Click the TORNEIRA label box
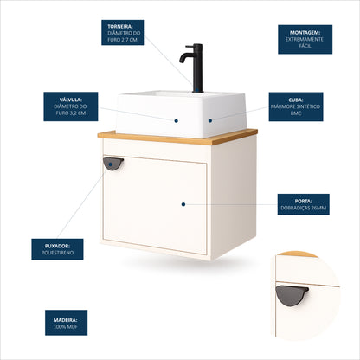tap(122, 32)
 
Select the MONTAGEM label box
tap(305, 39)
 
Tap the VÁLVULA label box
tap(71, 106)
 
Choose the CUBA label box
tap(296, 106)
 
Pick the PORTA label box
tap(303, 204)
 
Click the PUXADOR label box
tap(57, 249)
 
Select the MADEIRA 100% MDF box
tap(66, 323)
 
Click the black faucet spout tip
tap(182, 61)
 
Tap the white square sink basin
tap(181, 114)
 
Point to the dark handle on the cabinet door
tap(113, 164)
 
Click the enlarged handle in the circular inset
tap(292, 295)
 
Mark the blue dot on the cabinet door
tap(183, 204)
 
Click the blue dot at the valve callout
tap(176, 121)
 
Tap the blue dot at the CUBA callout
tap(210, 120)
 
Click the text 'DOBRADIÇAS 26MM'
tap(303, 208)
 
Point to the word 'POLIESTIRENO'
tap(57, 253)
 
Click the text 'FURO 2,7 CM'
tap(122, 40)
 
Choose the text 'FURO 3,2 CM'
tap(71, 113)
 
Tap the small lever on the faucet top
tap(190, 46)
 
